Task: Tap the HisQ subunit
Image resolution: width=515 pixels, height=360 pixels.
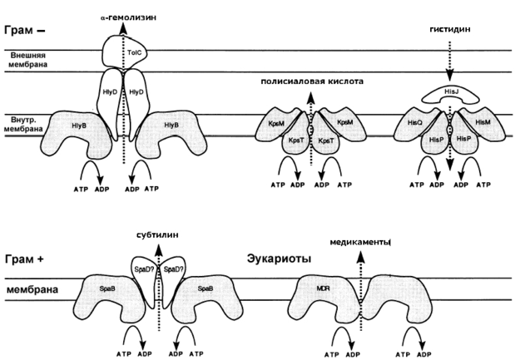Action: point(414,124)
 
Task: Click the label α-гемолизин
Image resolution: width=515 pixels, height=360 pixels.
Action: point(128,17)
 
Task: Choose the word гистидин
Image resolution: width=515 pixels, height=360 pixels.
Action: point(450,29)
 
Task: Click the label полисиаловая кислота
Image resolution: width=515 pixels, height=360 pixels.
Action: point(312,81)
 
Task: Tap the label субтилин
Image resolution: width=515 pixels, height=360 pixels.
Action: point(157,235)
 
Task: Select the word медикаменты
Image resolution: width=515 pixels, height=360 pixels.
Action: point(360,243)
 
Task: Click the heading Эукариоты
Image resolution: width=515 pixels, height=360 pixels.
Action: point(279,259)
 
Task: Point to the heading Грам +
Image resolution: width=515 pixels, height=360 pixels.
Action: point(24,259)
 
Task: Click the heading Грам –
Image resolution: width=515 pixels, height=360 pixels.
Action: point(25,30)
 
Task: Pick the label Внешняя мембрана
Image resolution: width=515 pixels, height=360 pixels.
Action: point(28,59)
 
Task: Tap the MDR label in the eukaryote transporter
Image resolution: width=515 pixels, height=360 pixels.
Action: point(323,288)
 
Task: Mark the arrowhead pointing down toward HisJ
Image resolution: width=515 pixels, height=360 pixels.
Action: point(449,76)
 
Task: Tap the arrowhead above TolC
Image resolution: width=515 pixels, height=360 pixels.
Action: point(123,29)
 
